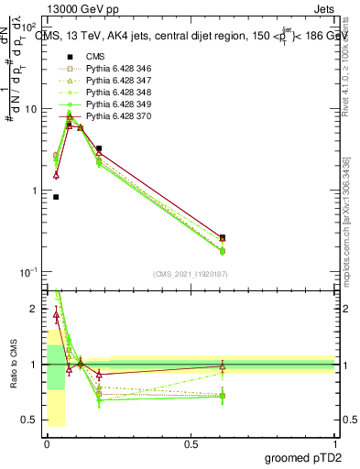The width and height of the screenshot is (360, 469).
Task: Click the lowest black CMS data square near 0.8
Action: tap(56, 196)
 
